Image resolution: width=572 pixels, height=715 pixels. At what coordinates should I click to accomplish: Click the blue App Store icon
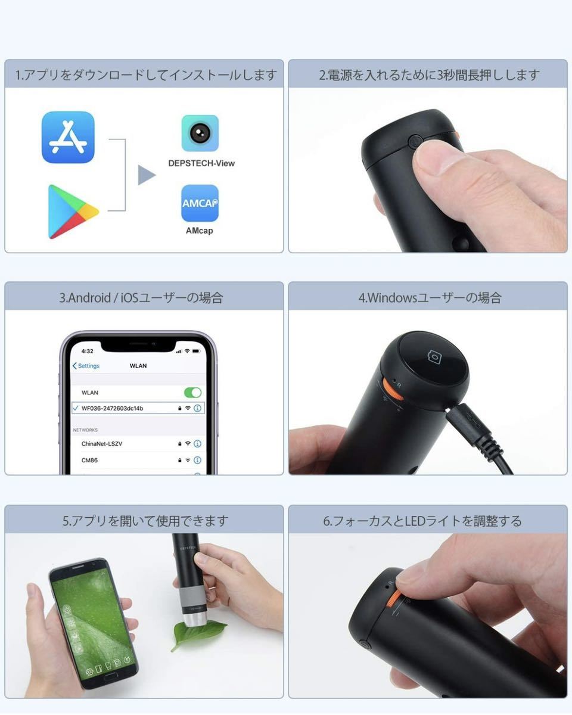tap(68, 137)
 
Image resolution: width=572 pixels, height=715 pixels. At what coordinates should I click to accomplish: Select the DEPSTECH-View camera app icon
tap(200, 133)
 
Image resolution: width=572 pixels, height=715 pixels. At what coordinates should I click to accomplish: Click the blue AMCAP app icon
tap(200, 203)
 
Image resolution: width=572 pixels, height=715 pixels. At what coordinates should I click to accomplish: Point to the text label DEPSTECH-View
tap(201, 163)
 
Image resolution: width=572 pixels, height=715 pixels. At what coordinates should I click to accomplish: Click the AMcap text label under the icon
tap(200, 230)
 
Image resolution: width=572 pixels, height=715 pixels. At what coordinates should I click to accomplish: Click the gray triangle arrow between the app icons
tap(147, 175)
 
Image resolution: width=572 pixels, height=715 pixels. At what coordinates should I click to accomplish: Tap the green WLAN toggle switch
tap(193, 393)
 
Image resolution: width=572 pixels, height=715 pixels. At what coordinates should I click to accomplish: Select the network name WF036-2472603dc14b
tap(113, 408)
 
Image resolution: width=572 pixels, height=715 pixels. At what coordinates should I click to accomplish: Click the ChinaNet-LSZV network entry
tap(102, 443)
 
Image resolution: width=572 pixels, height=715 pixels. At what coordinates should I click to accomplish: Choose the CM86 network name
tap(89, 460)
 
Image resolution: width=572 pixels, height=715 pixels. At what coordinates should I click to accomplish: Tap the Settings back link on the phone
tap(86, 365)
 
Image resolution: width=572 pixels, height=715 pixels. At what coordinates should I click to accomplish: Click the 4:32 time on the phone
tap(87, 351)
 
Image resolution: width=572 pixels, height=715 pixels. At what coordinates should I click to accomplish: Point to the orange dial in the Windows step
tap(392, 388)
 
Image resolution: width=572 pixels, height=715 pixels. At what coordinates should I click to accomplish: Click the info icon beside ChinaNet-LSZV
tap(197, 443)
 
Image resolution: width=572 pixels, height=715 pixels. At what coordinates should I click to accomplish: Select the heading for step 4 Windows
tap(430, 297)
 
